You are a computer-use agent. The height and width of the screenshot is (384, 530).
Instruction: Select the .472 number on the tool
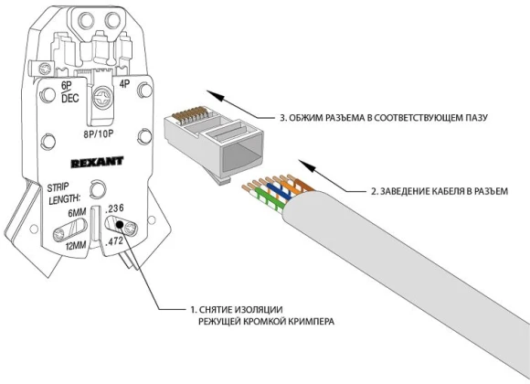116,240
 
